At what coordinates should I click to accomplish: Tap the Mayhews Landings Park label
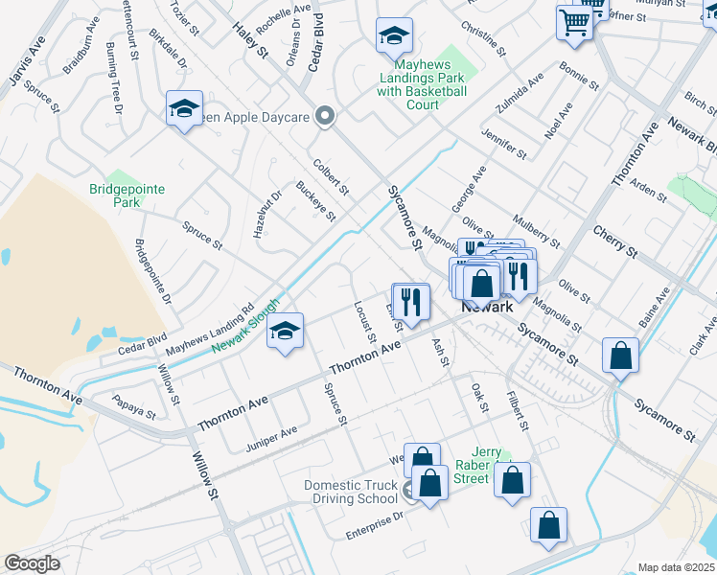pos(421,79)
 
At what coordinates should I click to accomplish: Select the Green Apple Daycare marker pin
pos(325,117)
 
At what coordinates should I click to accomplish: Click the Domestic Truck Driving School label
pos(351,492)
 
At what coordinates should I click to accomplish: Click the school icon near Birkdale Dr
pos(185,108)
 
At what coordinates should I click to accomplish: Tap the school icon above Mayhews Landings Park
pos(394,36)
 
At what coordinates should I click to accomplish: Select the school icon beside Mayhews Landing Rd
pos(285,331)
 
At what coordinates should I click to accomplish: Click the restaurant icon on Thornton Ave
pos(411,301)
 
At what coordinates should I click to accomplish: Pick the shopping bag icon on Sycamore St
pos(621,356)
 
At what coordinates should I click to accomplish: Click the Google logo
pos(32,563)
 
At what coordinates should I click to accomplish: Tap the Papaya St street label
pos(133,407)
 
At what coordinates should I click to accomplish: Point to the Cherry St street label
pos(615,241)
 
